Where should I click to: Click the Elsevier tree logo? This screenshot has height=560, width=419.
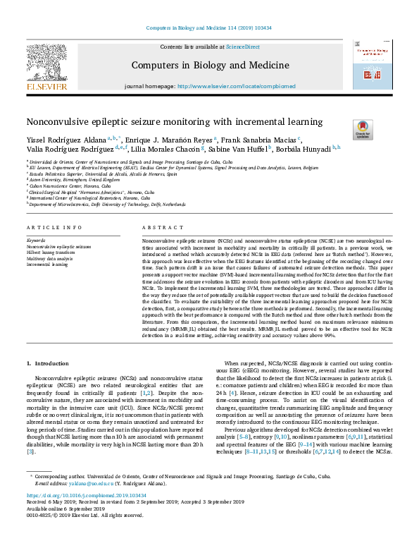[46, 63]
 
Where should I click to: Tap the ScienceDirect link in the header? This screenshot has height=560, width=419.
[242, 47]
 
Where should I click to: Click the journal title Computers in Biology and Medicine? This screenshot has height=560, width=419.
[210, 66]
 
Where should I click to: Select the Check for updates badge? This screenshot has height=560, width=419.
[363, 130]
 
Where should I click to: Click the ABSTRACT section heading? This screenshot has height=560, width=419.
[158, 228]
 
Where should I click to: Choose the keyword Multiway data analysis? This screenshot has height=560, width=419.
[50, 259]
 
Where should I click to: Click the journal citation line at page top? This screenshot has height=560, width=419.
[209, 28]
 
